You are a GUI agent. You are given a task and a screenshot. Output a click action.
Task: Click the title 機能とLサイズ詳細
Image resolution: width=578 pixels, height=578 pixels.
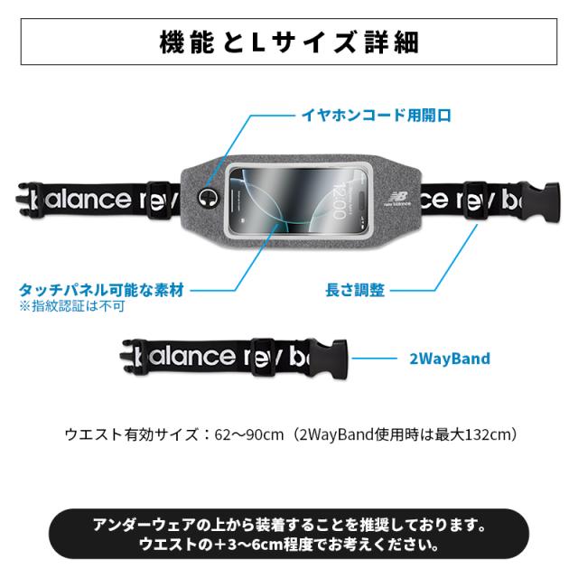point(289,42)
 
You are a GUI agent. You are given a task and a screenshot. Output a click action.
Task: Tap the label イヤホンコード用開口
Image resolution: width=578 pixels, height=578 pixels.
point(377,115)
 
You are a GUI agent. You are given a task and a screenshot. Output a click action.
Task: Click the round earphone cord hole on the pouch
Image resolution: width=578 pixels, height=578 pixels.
point(208,199)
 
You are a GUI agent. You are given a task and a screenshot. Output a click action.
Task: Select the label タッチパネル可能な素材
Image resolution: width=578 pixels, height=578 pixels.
point(102,290)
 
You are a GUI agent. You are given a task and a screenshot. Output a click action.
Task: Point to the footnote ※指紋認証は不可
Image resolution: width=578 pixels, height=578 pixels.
point(72,306)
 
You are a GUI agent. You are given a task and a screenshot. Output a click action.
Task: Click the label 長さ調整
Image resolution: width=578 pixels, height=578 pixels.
point(355,290)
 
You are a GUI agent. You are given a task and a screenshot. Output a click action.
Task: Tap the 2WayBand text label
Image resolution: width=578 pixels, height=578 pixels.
point(450,359)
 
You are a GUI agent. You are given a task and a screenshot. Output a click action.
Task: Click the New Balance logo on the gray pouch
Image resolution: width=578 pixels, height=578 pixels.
point(397,199)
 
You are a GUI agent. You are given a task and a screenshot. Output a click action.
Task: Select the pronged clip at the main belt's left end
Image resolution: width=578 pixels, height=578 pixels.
point(26,200)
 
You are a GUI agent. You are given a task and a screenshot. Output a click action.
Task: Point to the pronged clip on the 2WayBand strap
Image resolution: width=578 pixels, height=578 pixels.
point(132,356)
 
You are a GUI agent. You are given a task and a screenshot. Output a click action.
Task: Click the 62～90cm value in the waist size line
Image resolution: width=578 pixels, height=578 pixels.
point(249,434)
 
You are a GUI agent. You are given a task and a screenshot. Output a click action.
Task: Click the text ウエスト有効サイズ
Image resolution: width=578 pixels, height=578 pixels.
point(132,434)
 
